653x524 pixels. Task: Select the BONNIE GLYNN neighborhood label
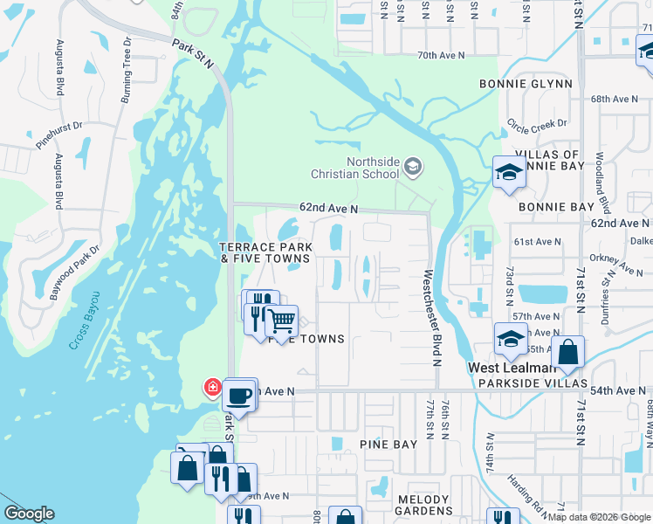(x=526, y=84)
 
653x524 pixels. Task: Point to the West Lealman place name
(x=508, y=368)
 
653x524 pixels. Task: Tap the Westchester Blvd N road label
(x=430, y=316)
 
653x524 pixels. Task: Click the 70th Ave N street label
(x=441, y=55)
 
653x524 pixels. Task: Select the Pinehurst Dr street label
(x=59, y=136)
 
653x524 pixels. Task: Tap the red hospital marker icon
(x=211, y=387)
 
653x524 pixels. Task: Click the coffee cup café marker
(x=239, y=395)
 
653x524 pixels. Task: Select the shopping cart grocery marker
(x=281, y=321)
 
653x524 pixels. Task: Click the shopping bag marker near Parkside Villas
(x=567, y=353)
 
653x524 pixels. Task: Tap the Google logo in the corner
(x=30, y=514)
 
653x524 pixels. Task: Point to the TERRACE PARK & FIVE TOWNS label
(x=265, y=253)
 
